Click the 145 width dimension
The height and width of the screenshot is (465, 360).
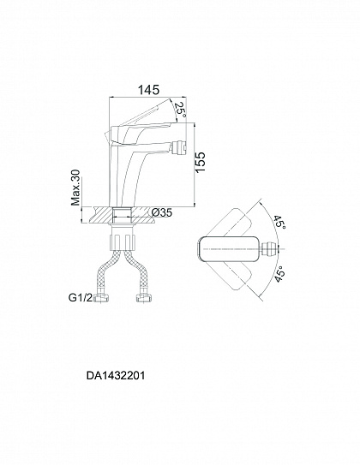[148, 90]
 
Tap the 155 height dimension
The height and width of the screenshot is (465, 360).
[201, 162]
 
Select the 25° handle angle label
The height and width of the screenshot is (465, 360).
[180, 110]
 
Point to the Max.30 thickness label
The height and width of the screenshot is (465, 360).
[75, 188]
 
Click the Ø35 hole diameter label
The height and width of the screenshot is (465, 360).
[161, 212]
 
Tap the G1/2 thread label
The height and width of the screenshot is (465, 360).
[81, 297]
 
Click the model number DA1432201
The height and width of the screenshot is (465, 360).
[116, 376]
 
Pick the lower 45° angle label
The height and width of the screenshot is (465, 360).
[280, 274]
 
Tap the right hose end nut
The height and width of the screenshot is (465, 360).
[145, 298]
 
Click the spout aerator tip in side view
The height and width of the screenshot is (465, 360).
[178, 146]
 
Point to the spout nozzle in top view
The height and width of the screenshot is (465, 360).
[270, 249]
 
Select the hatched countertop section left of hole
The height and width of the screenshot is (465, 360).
[101, 214]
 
